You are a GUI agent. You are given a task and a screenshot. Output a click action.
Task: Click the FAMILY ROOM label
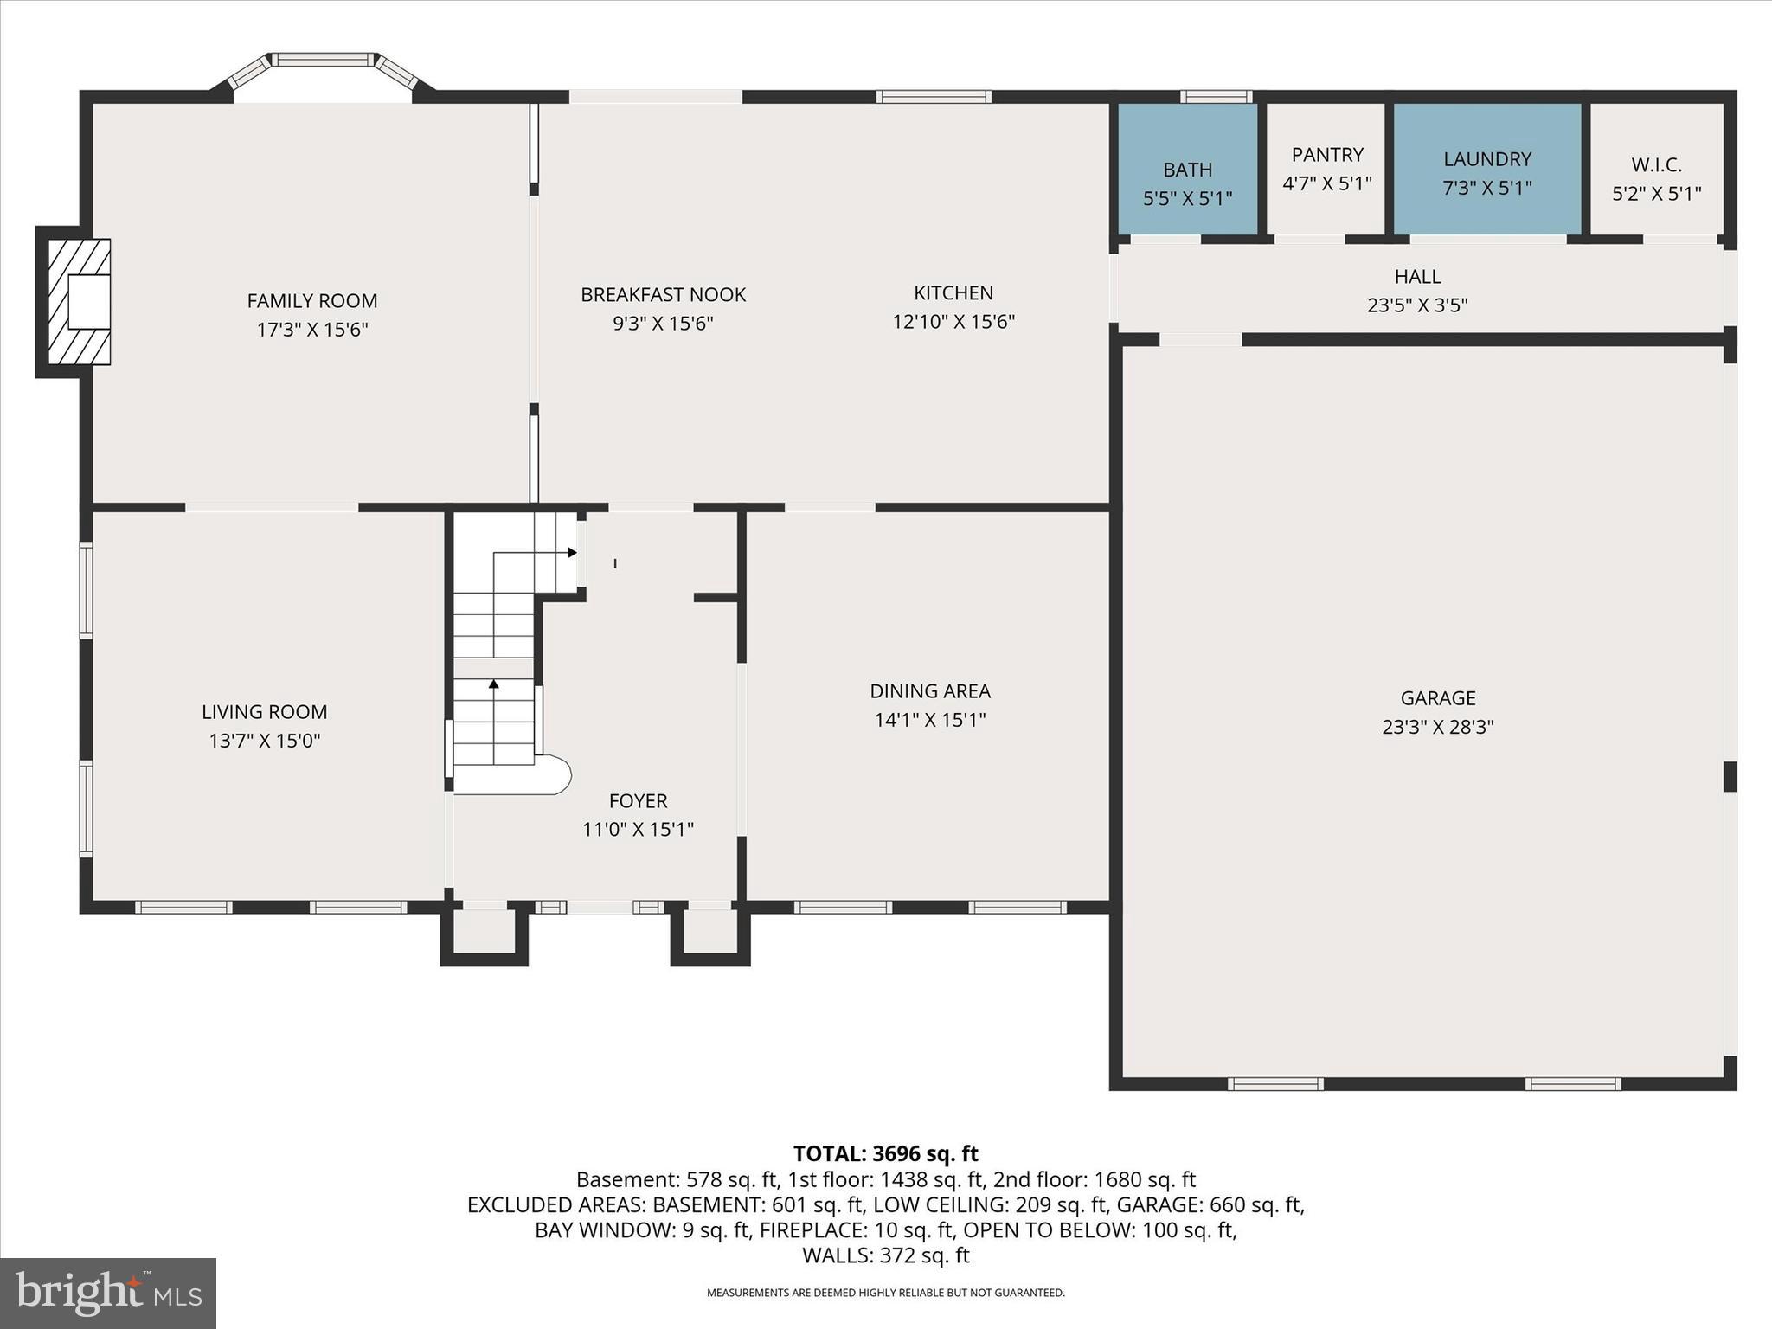coord(312,301)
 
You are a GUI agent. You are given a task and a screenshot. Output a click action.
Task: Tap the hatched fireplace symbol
coord(79,301)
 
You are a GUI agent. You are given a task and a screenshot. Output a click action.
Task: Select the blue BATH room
coord(1187,169)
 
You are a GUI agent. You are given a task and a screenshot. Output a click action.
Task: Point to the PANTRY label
coord(1327,155)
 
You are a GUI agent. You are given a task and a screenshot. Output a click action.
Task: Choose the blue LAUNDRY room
coord(1487,169)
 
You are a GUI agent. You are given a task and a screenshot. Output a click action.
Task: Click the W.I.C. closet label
coord(1656,164)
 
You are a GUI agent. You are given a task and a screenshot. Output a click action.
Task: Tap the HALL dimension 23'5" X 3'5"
coord(1417,305)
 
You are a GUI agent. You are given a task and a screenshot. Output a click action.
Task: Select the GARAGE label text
coord(1438,698)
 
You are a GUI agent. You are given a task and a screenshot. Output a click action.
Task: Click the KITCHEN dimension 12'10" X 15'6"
coord(953,322)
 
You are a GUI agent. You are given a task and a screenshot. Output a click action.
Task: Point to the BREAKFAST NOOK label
coord(663,295)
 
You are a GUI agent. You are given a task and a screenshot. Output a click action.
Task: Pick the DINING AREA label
coord(930,691)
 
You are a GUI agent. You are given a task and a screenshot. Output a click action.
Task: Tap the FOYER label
coord(638,801)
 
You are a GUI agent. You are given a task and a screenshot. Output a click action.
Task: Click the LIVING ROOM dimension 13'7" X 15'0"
coord(265,741)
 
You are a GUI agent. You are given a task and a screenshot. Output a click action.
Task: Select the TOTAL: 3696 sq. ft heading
coord(885,1153)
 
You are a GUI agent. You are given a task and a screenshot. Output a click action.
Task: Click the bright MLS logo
coord(108,1293)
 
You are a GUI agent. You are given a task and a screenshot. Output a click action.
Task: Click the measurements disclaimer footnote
coord(886,1293)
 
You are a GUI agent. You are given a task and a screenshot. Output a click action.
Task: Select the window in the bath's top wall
coord(1217,97)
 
